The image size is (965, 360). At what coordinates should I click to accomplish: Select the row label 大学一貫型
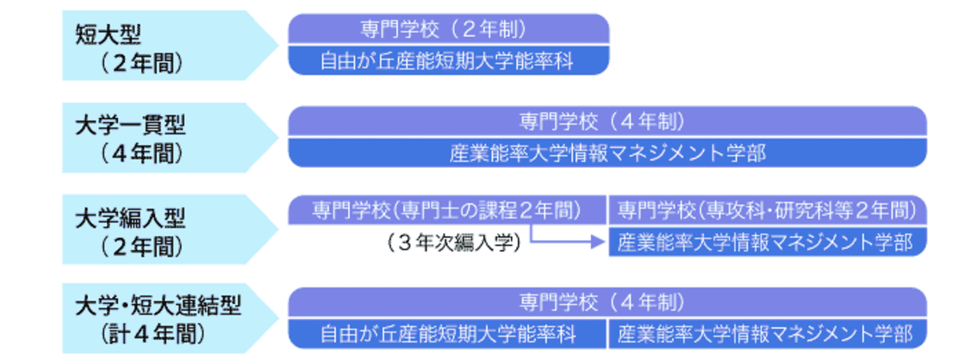pos(132,125)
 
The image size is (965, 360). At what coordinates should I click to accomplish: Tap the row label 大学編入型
pos(132,215)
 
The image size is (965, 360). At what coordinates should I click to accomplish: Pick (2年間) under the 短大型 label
pos(143,63)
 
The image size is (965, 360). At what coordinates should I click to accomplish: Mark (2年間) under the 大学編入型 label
pos(143,245)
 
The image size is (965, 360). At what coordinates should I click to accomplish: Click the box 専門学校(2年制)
pos(448,29)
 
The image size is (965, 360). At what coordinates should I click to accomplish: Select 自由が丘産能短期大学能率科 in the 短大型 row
pos(448,60)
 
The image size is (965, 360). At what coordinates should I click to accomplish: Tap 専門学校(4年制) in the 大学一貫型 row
pos(607,120)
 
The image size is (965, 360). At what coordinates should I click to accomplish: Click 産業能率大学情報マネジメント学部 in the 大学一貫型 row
pos(607,152)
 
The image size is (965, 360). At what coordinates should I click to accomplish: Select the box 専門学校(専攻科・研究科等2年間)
pos(767,209)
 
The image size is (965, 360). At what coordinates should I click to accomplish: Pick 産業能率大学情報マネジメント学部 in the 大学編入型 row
pos(767,243)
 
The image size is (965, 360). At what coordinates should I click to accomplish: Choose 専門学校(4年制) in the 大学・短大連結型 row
pos(607,302)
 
